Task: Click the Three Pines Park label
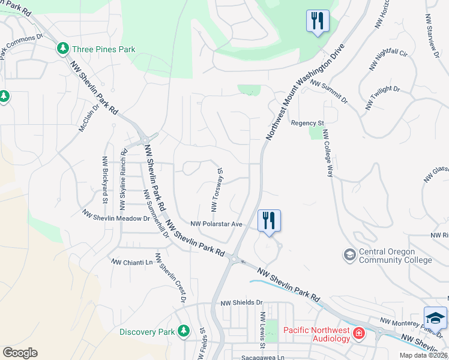(103, 49)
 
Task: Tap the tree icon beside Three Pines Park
(62, 49)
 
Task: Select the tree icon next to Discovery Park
(184, 331)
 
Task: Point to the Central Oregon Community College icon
(349, 256)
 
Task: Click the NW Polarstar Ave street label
(216, 224)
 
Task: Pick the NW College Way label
(327, 154)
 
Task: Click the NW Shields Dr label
(242, 303)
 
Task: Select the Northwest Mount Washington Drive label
(306, 91)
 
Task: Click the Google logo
(20, 353)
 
